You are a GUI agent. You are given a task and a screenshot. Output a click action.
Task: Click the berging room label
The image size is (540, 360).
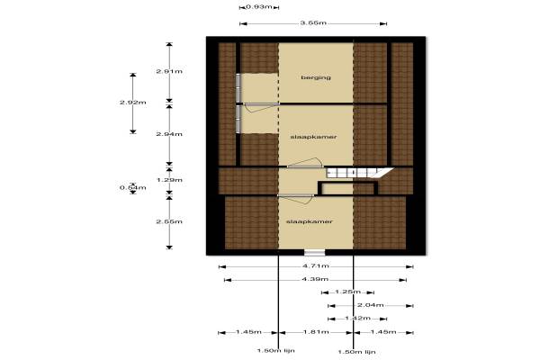pyautogui.click(x=316, y=77)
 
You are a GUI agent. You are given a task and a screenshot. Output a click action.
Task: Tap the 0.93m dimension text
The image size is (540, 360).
pyautogui.click(x=259, y=6)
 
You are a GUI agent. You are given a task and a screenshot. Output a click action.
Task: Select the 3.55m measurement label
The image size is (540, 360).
pyautogui.click(x=313, y=23)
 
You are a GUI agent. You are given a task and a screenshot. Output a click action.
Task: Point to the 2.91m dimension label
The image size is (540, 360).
pyautogui.click(x=169, y=71)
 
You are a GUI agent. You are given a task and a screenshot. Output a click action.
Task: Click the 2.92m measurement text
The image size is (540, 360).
pyautogui.click(x=133, y=103)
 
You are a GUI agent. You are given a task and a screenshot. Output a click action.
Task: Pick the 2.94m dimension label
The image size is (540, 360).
pyautogui.click(x=169, y=134)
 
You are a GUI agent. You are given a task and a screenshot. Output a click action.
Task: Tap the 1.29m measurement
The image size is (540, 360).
pyautogui.click(x=169, y=180)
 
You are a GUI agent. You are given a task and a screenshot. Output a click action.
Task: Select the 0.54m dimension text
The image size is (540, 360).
pyautogui.click(x=133, y=188)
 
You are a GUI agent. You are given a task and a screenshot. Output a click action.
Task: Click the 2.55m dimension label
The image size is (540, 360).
pyautogui.click(x=169, y=221)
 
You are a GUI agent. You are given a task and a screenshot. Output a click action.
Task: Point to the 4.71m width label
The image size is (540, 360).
pyautogui.click(x=316, y=266)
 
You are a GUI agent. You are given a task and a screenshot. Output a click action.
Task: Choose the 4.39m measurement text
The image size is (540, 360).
pyautogui.click(x=315, y=279)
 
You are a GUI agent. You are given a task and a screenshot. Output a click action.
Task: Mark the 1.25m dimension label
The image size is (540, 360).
pyautogui.click(x=347, y=292)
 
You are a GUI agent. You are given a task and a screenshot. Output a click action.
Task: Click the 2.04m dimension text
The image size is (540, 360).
pyautogui.click(x=370, y=305)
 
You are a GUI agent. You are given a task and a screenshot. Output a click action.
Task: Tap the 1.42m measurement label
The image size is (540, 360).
pyautogui.click(x=358, y=318)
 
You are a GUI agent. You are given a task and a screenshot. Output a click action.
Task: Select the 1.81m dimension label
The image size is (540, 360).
pyautogui.click(x=316, y=332)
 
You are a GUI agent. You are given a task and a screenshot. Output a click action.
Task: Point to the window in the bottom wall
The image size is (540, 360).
pyautogui.click(x=314, y=253)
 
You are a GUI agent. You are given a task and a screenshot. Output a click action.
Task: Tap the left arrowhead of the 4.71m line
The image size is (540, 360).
pyautogui.click(x=220, y=266)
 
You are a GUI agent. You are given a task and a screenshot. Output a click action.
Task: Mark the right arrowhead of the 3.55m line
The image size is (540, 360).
pyautogui.click(x=384, y=23)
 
